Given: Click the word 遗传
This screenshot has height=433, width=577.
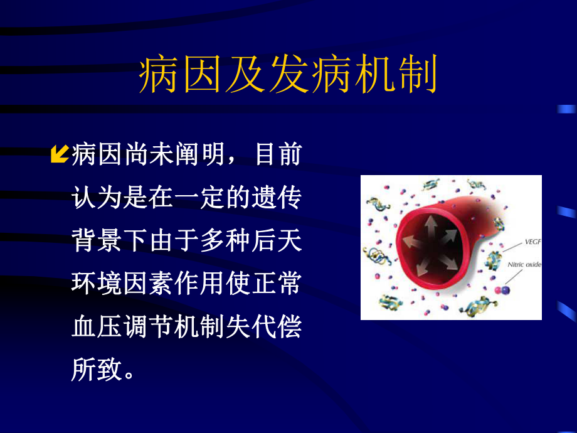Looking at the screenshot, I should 282,198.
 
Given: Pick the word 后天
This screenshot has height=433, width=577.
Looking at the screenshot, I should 282,240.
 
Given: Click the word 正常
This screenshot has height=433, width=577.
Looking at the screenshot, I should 282,284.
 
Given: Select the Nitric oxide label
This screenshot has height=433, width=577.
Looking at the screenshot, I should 524,265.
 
